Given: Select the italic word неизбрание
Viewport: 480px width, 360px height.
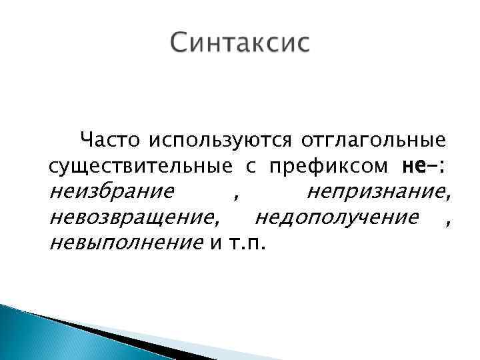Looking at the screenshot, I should click(x=112, y=193).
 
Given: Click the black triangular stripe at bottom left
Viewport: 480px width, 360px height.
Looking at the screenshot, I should click(x=100, y=333).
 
